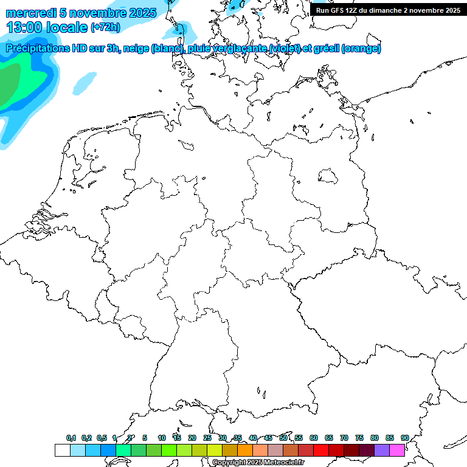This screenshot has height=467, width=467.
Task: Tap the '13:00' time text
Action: (x=24, y=27)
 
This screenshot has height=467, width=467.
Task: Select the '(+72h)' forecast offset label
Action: (x=105, y=27)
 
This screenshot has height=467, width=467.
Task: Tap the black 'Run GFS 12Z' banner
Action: (x=388, y=10)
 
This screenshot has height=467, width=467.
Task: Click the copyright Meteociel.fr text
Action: (x=258, y=463)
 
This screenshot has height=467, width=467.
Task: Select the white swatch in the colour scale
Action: (x=63, y=450)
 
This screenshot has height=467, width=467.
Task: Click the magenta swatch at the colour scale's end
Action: (x=396, y=450)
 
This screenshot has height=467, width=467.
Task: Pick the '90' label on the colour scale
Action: (x=404, y=438)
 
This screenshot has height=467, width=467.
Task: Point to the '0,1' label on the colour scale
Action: (x=71, y=438)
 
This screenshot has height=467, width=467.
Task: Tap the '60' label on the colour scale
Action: (x=314, y=438)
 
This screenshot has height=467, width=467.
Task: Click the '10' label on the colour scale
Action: (x=162, y=438)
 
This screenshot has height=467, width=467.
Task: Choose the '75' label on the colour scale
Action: (x=359, y=438)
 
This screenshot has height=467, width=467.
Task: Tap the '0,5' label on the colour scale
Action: (x=102, y=438)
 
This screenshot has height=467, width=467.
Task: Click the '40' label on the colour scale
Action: (x=253, y=438)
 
